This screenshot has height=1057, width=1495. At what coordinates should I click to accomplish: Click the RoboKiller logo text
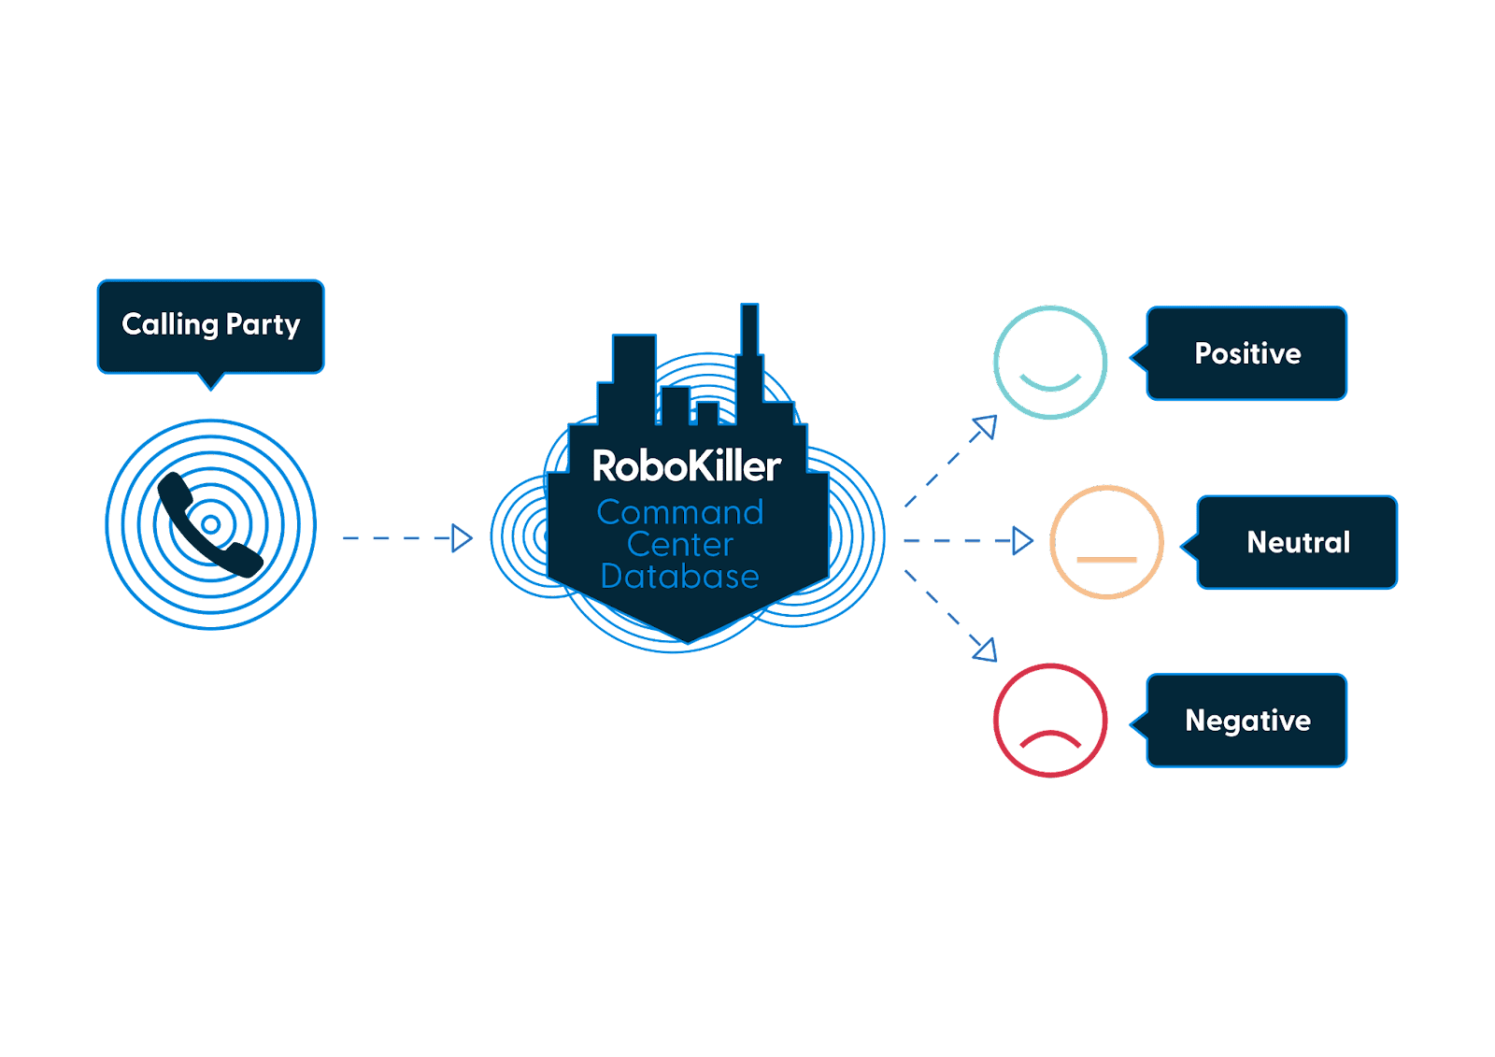point(687,466)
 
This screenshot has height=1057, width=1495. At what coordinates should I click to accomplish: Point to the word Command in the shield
point(680,512)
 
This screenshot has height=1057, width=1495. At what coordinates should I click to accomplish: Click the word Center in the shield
point(680,544)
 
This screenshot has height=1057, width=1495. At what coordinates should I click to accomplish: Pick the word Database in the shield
point(680,576)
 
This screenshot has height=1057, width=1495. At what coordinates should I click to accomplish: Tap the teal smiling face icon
point(1050,363)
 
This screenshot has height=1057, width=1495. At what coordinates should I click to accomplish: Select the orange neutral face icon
point(1106,542)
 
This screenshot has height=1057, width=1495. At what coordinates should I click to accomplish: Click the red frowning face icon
point(1050,721)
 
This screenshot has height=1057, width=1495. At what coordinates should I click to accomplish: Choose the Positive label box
point(1247,353)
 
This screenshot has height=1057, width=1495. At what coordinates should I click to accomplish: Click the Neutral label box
point(1298,542)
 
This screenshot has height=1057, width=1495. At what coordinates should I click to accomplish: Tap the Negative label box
point(1247,721)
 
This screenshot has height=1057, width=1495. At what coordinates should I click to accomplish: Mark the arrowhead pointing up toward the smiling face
point(985,428)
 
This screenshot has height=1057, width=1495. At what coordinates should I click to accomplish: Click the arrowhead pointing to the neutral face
point(1023,541)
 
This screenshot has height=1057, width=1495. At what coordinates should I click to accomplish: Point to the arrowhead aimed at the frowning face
point(986,650)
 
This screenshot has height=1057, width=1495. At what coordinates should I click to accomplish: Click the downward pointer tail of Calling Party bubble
point(211,381)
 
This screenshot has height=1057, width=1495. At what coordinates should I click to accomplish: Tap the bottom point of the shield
point(688,639)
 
